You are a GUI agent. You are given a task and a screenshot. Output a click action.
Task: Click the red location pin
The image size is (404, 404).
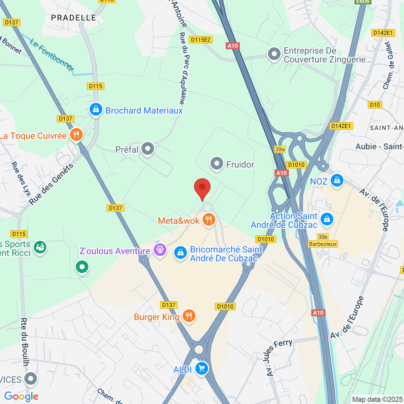[x=202, y=188]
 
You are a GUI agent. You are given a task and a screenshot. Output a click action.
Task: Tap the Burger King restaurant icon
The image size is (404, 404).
[x=189, y=316]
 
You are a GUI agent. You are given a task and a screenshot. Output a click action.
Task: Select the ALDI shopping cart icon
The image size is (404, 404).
[x=201, y=368]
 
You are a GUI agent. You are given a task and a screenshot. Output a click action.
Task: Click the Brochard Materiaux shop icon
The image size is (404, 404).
[x=96, y=109]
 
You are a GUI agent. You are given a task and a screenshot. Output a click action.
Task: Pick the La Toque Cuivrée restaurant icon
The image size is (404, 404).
[x=76, y=135]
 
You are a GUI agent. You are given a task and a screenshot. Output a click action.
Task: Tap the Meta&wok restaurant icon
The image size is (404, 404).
[x=209, y=220]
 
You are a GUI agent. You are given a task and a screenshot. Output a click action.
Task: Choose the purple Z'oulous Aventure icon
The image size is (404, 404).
[x=160, y=250]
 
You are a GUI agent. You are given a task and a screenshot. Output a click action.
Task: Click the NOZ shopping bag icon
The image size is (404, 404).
[x=337, y=180]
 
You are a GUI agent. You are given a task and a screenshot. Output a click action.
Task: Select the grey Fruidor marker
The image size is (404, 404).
[x=216, y=164]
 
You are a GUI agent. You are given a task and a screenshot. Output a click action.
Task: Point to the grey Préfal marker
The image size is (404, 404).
[x=147, y=149]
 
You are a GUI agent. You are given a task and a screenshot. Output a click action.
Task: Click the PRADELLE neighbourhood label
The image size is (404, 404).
[x=73, y=18]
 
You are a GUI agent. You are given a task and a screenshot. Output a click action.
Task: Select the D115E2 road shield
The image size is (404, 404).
[x=201, y=40]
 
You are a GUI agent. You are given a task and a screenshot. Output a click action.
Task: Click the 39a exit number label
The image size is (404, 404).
[x=280, y=149]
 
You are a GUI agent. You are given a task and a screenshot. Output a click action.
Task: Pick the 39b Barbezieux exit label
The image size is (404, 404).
[x=323, y=240]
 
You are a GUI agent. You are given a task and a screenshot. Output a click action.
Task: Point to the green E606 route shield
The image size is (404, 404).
[x=363, y=2]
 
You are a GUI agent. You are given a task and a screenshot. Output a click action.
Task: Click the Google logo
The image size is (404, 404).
[x=21, y=396]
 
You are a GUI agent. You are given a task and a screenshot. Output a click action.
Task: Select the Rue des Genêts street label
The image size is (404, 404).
[x=51, y=184]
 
